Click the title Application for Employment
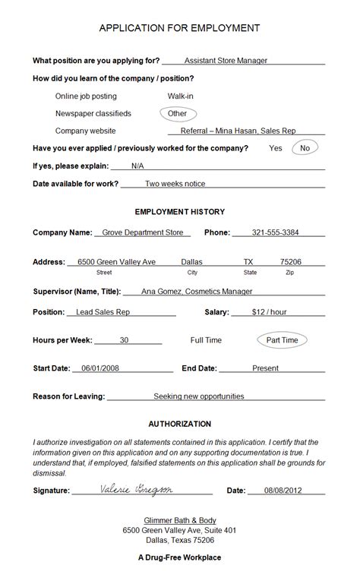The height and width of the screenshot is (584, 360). (179, 28)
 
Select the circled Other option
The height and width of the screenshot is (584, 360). (177, 113)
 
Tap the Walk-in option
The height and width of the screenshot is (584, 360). (181, 96)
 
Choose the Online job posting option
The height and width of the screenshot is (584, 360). (86, 96)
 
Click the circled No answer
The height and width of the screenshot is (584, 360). (305, 148)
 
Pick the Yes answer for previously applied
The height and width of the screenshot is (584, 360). (275, 148)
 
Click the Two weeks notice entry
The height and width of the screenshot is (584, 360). (175, 183)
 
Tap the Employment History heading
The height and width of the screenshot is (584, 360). (179, 212)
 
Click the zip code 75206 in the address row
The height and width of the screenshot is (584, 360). (290, 262)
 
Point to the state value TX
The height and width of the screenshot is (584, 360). (248, 262)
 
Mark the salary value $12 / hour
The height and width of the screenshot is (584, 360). (269, 311)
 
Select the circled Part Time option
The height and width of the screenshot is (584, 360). (282, 340)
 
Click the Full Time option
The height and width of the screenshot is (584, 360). (206, 340)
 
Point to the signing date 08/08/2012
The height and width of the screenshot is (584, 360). (283, 491)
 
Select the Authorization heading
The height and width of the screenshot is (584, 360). (179, 424)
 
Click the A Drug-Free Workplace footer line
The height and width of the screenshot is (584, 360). (179, 557)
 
